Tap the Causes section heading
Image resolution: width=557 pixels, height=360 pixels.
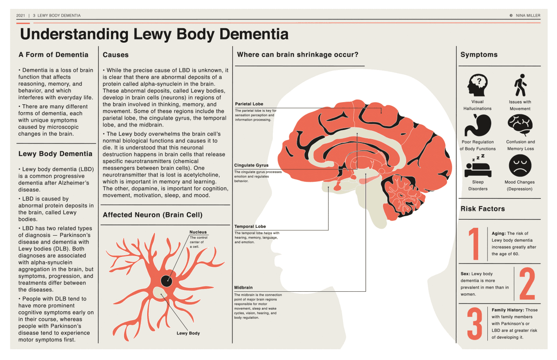pyautogui.click(x=116, y=55)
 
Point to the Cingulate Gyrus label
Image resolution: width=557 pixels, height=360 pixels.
pyautogui.click(x=251, y=166)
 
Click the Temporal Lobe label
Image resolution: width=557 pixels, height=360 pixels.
pyautogui.click(x=250, y=226)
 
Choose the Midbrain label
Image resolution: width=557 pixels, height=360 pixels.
pyautogui.click(x=244, y=288)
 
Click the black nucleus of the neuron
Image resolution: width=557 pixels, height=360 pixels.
pyautogui.click(x=167, y=280)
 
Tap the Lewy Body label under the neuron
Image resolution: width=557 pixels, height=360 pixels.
pyautogui.click(x=188, y=333)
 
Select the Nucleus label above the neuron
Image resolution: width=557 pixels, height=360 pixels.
pyautogui.click(x=198, y=232)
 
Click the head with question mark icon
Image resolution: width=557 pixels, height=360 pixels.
pyautogui.click(x=477, y=85)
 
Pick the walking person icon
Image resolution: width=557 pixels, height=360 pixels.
pyautogui.click(x=520, y=85)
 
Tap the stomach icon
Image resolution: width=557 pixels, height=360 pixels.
pyautogui.click(x=478, y=124)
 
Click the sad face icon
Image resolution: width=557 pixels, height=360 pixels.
pyautogui.click(x=520, y=166)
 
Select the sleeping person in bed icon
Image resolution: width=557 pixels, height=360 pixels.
pyautogui.click(x=478, y=166)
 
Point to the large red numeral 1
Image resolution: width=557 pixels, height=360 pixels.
pyautogui.click(x=474, y=244)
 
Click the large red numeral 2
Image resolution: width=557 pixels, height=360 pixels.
pyautogui.click(x=527, y=283)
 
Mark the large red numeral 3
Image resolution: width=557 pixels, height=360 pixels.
pyautogui.click(x=474, y=323)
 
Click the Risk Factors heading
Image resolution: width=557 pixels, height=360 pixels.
pyautogui.click(x=482, y=209)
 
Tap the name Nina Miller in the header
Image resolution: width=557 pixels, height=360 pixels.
pyautogui.click(x=527, y=15)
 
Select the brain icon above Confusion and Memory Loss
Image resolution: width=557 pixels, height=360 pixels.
pyautogui.click(x=520, y=124)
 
